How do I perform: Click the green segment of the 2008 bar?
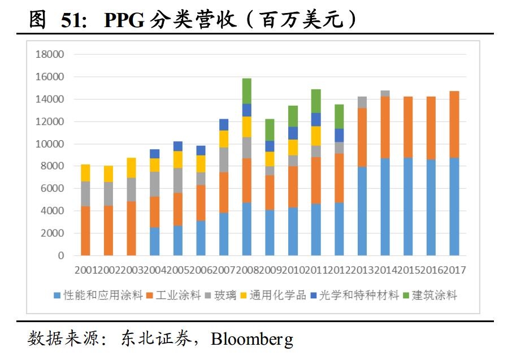click(x=246, y=91)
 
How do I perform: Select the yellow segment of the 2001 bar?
click(x=85, y=173)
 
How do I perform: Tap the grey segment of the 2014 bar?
click(x=385, y=93)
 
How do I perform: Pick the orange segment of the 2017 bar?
click(x=454, y=124)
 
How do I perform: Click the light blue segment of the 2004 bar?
click(x=154, y=241)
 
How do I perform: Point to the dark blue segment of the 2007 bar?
click(x=223, y=125)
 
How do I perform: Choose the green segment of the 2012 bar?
click(x=339, y=116)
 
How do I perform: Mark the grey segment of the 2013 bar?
click(x=362, y=102)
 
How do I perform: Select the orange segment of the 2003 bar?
click(x=131, y=228)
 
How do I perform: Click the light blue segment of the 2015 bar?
click(x=408, y=206)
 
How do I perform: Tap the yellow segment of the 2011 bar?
click(x=315, y=136)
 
